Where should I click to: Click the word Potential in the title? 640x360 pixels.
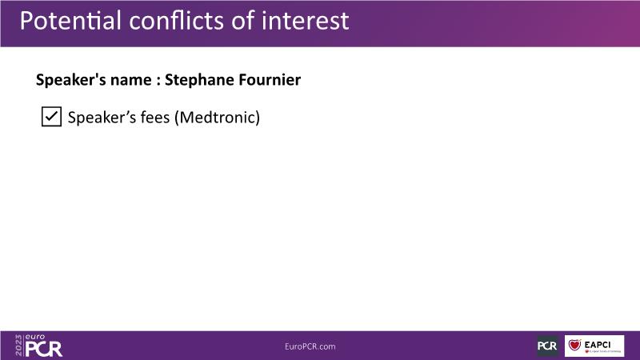coord(70,21)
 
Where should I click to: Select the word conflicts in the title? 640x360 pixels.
coord(176,21)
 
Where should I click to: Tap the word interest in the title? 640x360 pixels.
coord(306,21)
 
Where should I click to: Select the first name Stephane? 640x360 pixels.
coord(199,80)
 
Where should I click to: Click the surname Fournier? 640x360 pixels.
coord(270,79)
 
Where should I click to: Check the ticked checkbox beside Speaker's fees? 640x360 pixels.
coord(51,117)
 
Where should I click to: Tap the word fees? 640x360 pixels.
coord(155,117)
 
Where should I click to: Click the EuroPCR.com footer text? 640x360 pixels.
coord(310,346)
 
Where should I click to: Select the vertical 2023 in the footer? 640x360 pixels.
coord(18,346)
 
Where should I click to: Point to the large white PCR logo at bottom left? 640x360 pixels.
coord(44,349)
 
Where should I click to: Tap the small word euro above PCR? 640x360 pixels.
coord(35,337)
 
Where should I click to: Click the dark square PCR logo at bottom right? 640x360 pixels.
coord(547,346)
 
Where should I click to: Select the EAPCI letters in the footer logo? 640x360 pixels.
coord(597,345)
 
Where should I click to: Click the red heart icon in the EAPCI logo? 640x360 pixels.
coord(574,346)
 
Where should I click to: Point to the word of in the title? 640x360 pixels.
coord(243,21)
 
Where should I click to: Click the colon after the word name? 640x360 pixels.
coord(158,81)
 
